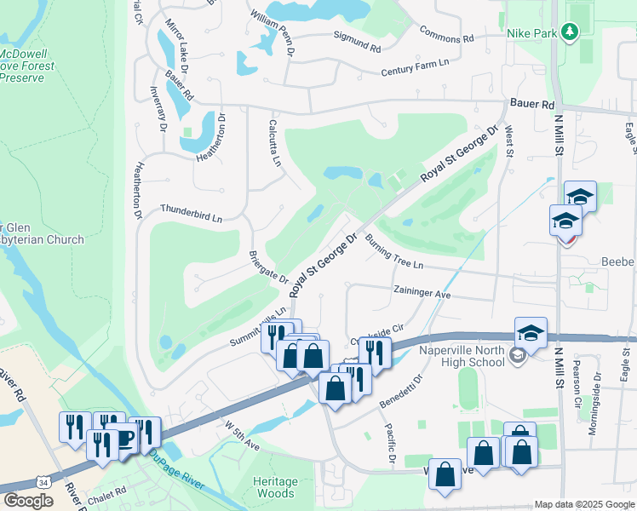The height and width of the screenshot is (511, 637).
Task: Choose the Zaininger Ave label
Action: click(x=422, y=292)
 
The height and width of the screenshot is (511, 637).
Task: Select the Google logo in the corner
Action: click(x=28, y=501)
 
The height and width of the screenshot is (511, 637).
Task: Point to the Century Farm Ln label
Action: click(x=413, y=72)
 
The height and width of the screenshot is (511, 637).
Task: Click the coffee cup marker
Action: click(x=125, y=438)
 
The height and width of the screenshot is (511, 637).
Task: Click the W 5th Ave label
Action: click(x=242, y=433)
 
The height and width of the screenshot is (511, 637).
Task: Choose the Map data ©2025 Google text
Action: click(x=583, y=503)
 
